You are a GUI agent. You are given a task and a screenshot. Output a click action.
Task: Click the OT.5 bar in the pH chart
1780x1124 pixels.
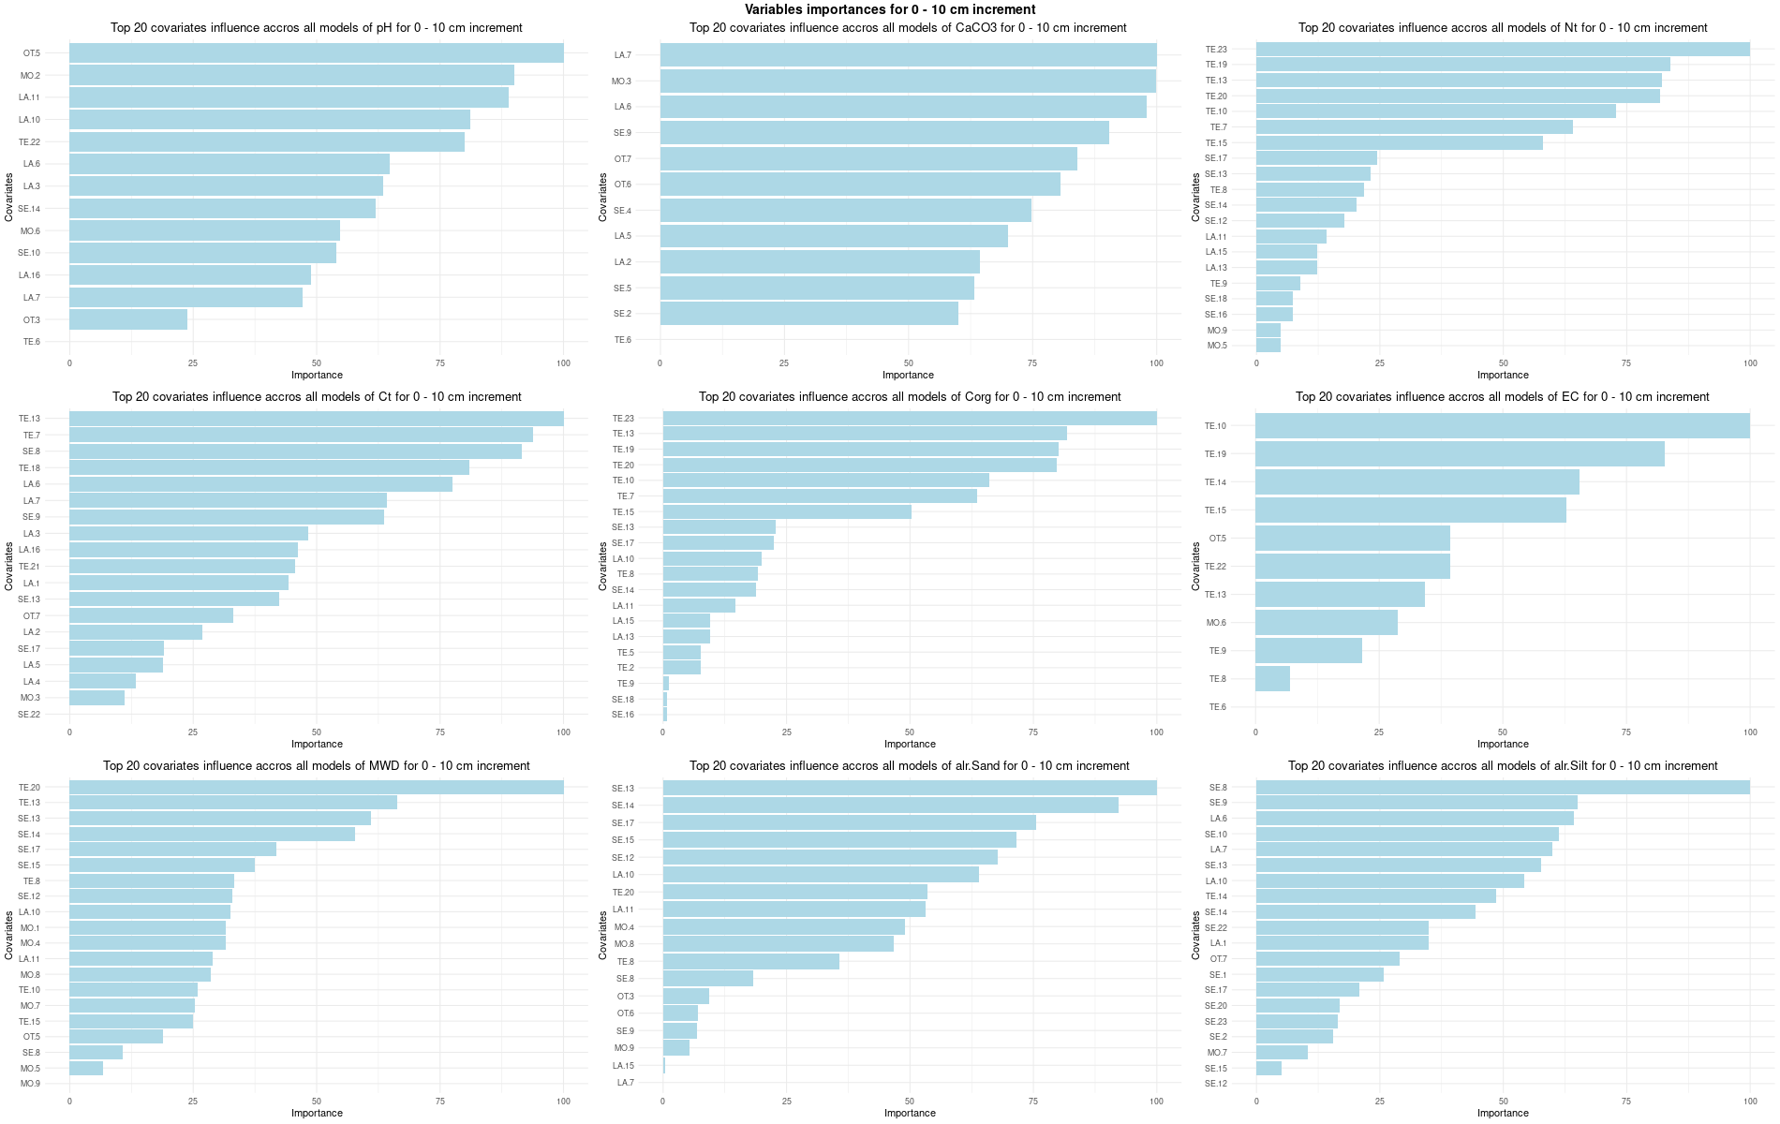pyautogui.click(x=316, y=53)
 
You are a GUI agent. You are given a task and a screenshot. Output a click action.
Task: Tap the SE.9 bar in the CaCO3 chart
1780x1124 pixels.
pyautogui.click(x=884, y=133)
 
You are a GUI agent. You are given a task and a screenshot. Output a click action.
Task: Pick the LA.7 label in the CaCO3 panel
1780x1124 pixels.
pyautogui.click(x=622, y=55)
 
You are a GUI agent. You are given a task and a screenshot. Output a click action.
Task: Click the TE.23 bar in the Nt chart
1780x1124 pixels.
pyautogui.click(x=1503, y=49)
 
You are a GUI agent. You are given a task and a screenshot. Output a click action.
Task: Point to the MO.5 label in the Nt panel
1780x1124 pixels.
pyautogui.click(x=1216, y=346)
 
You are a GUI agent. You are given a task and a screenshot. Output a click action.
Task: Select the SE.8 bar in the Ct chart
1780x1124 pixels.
pyautogui.click(x=295, y=451)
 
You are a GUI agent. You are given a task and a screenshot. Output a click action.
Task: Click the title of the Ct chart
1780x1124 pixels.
pyautogui.click(x=317, y=397)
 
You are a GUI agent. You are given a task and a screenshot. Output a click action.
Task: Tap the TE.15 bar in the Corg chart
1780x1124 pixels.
pyautogui.click(x=787, y=512)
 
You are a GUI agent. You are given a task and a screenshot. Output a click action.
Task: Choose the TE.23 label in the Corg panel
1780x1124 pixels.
pyautogui.click(x=623, y=419)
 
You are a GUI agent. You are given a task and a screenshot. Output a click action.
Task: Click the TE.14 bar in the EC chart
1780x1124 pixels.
pyautogui.click(x=1417, y=482)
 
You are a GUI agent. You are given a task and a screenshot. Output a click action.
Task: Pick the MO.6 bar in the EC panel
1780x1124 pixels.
pyautogui.click(x=1326, y=623)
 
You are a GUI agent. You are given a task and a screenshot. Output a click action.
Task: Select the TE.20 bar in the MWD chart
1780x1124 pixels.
pyautogui.click(x=316, y=788)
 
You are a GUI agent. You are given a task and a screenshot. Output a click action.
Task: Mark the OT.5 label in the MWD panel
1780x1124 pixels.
pyautogui.click(x=31, y=1037)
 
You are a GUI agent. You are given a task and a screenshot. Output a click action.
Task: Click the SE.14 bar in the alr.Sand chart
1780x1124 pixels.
pyautogui.click(x=890, y=806)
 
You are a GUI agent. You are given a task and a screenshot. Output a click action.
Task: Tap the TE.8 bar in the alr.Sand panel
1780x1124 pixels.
pyautogui.click(x=750, y=962)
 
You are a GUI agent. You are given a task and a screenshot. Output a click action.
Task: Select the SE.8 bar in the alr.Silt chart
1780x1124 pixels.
pyautogui.click(x=1503, y=788)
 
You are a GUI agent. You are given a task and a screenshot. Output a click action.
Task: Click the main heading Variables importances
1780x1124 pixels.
pyautogui.click(x=890, y=9)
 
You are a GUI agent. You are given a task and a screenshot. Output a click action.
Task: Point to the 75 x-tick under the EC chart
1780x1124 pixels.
pyautogui.click(x=1626, y=732)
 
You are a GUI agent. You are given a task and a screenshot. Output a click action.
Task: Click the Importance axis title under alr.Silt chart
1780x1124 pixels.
pyautogui.click(x=1503, y=1114)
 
